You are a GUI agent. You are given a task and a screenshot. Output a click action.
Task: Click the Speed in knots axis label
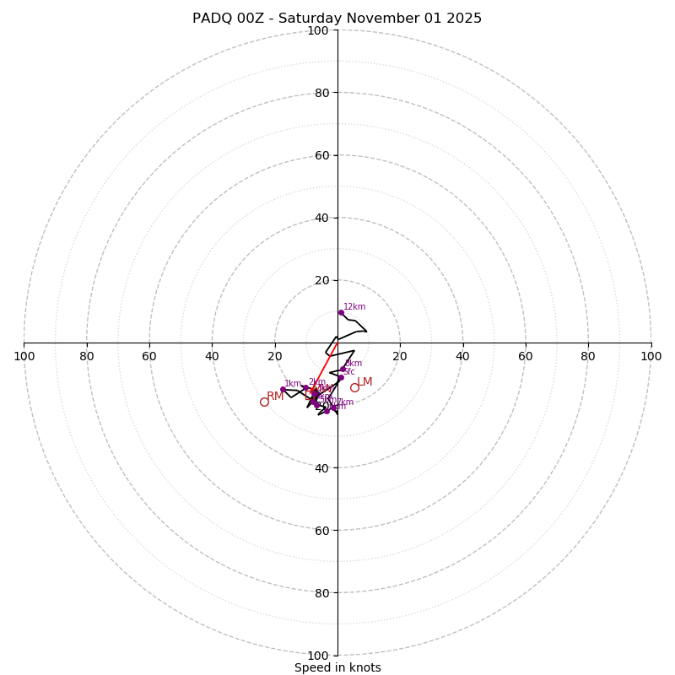[337, 667]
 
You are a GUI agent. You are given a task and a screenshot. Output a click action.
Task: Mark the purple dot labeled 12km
[341, 312]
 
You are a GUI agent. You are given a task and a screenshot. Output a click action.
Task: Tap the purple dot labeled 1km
[283, 389]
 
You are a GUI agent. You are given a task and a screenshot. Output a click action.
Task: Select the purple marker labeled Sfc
[341, 377]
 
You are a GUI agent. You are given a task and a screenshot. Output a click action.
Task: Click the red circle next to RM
[264, 402]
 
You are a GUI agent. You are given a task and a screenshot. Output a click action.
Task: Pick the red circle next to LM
[354, 387]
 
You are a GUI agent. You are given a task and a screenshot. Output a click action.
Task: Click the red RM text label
[275, 397]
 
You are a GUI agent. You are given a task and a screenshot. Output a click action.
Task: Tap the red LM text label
[364, 382]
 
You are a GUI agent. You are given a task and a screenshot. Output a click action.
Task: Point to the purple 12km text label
[354, 307]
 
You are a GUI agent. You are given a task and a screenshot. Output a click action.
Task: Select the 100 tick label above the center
[318, 30]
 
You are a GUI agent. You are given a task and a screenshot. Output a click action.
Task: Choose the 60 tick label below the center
[321, 530]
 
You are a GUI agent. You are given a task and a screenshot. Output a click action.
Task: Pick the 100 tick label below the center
[318, 655]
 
